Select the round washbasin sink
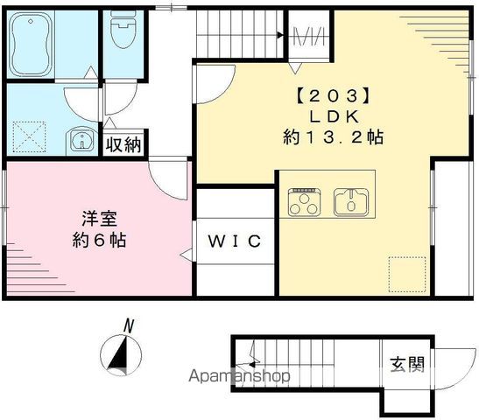coord(81,143)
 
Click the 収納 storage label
coord(123,144)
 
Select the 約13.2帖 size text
coord(333,138)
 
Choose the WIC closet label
coord(234,241)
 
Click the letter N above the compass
coord(129,325)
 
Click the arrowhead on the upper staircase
coord(280,36)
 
